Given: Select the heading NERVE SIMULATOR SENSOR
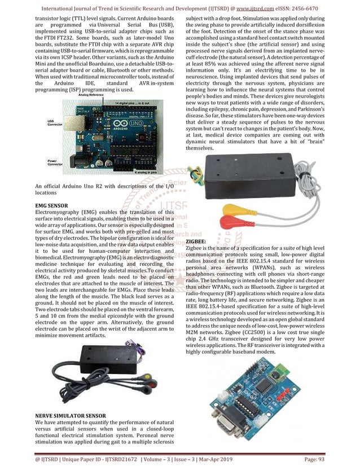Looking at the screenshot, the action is [69, 416].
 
